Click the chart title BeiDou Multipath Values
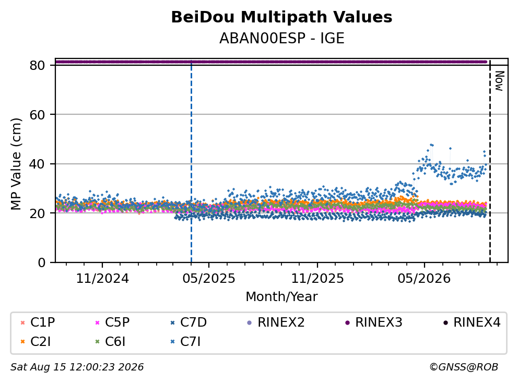tap(281, 17)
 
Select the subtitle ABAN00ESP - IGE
tap(282, 38)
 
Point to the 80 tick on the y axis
tap(37, 65)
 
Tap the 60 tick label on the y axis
tap(37, 115)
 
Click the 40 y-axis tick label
tap(37, 164)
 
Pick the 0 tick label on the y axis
tap(41, 262)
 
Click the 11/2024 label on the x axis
tap(102, 279)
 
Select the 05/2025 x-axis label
tap(209, 279)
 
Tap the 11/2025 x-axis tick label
tap(317, 279)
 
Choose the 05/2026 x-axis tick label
tap(424, 279)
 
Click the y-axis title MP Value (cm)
tap(16, 164)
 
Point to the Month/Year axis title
tap(281, 296)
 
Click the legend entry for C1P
tap(38, 322)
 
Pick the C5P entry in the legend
tap(112, 322)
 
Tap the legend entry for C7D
tap(189, 322)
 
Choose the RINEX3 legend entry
tap(374, 322)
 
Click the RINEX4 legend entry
tap(472, 322)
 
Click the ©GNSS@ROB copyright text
tap(464, 367)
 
